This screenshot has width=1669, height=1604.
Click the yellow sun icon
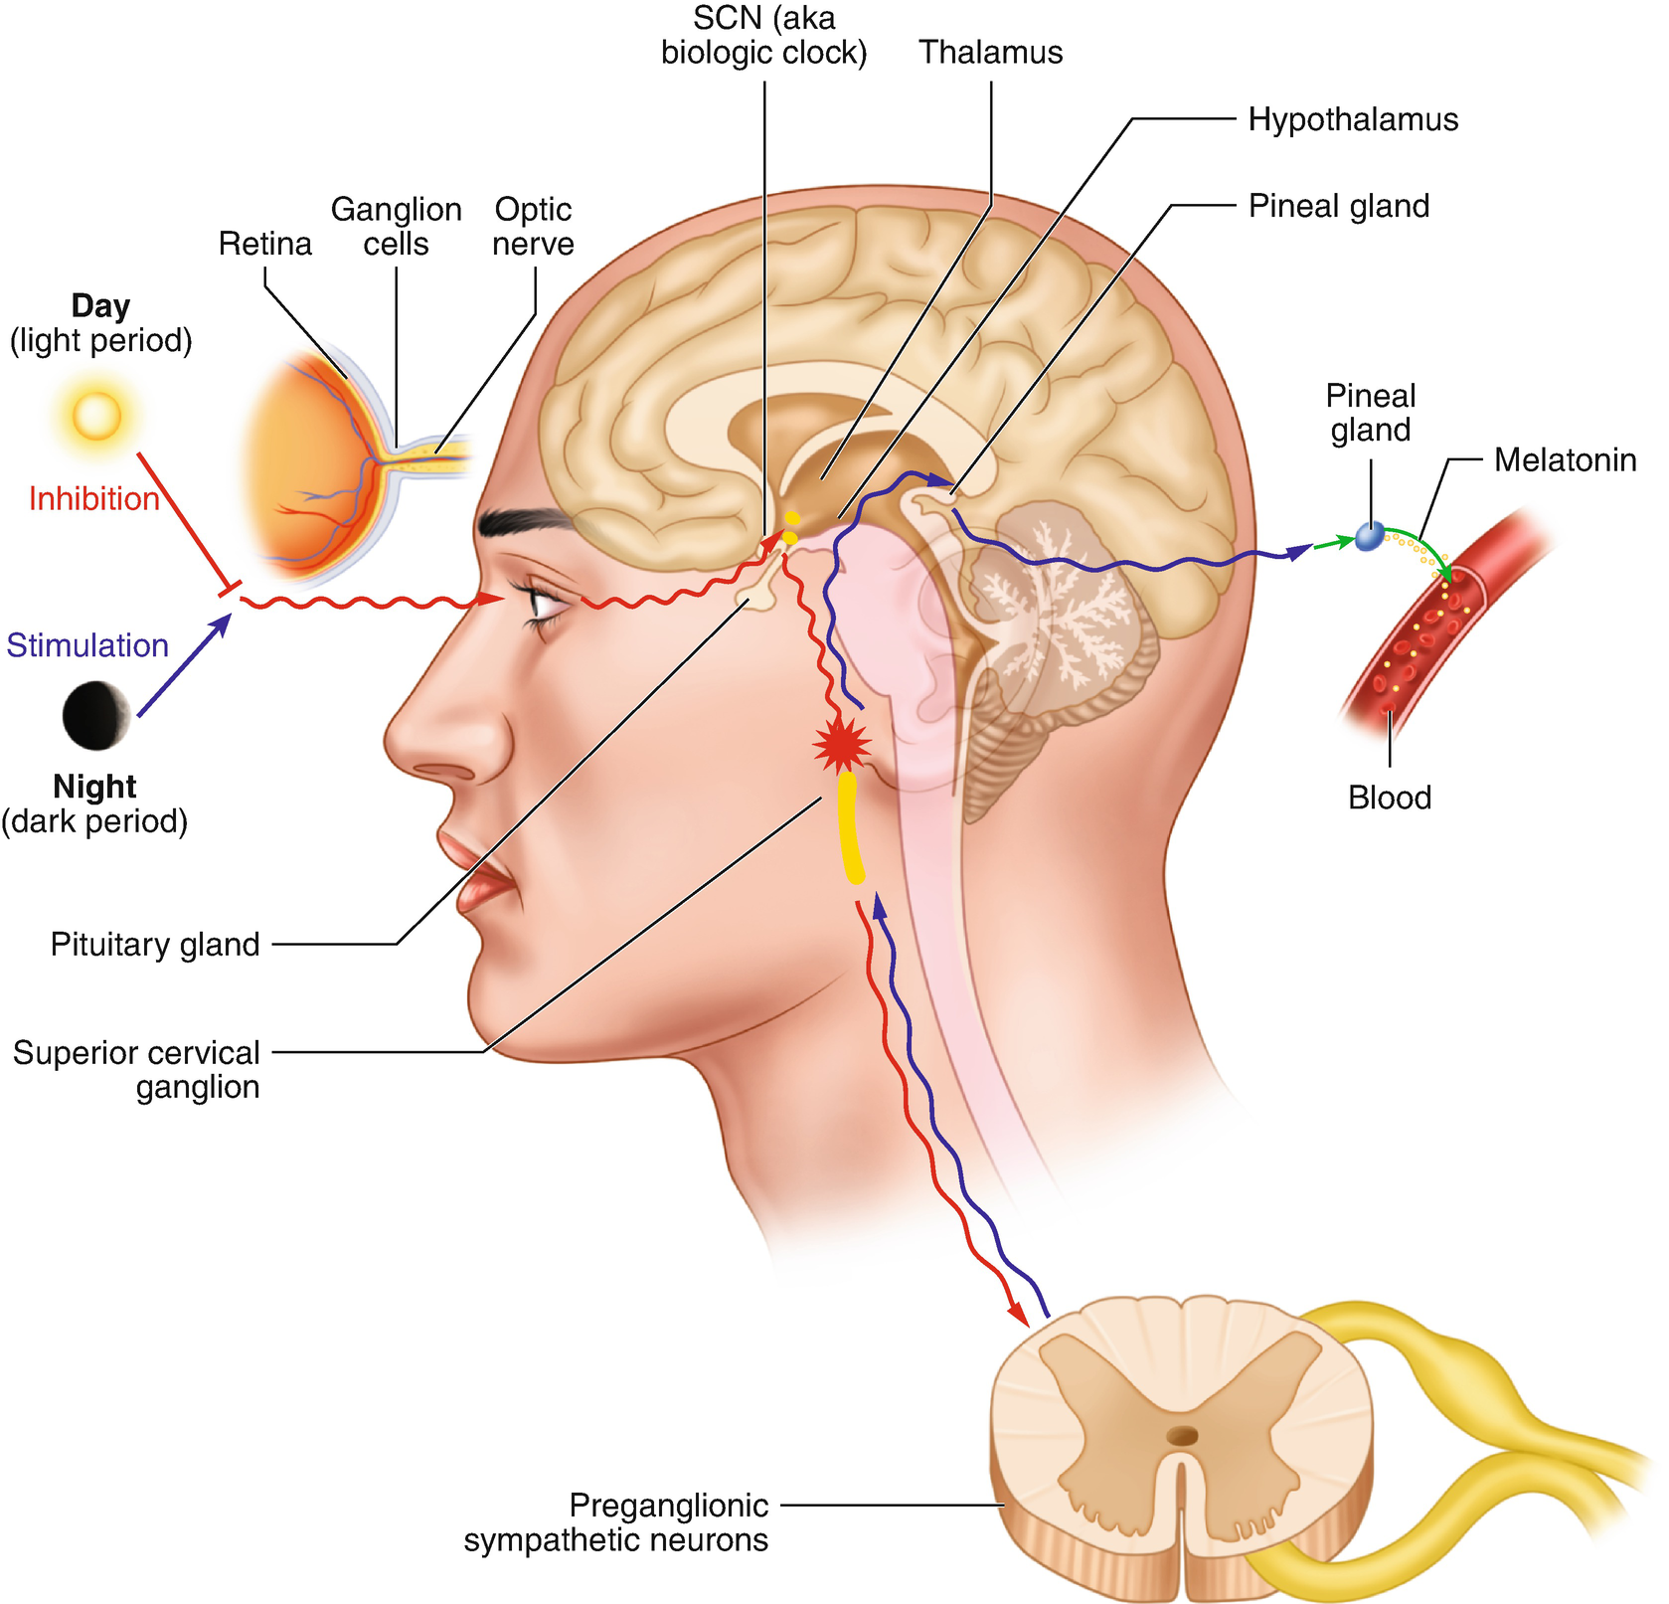tap(96, 415)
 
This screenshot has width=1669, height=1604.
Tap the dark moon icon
tap(96, 715)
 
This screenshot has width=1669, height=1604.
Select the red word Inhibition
tap(93, 498)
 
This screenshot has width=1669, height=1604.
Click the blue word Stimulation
tap(87, 645)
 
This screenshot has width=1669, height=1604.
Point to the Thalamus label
tap(990, 52)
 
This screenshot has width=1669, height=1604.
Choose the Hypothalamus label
tap(1352, 119)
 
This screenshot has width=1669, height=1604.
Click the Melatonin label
tap(1565, 459)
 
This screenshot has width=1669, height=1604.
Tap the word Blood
tap(1389, 798)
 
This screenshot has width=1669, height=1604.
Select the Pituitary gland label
tap(155, 944)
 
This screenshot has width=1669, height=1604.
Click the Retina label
tap(264, 244)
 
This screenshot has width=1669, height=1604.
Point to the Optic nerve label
tap(533, 227)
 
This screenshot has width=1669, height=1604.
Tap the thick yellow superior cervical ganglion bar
tap(850, 828)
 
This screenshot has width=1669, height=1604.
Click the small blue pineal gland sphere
tap(1370, 537)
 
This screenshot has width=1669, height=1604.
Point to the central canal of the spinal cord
tap(1182, 1435)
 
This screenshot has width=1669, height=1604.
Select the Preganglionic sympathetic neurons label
tap(616, 1522)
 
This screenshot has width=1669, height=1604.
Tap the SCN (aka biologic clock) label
tap(763, 35)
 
